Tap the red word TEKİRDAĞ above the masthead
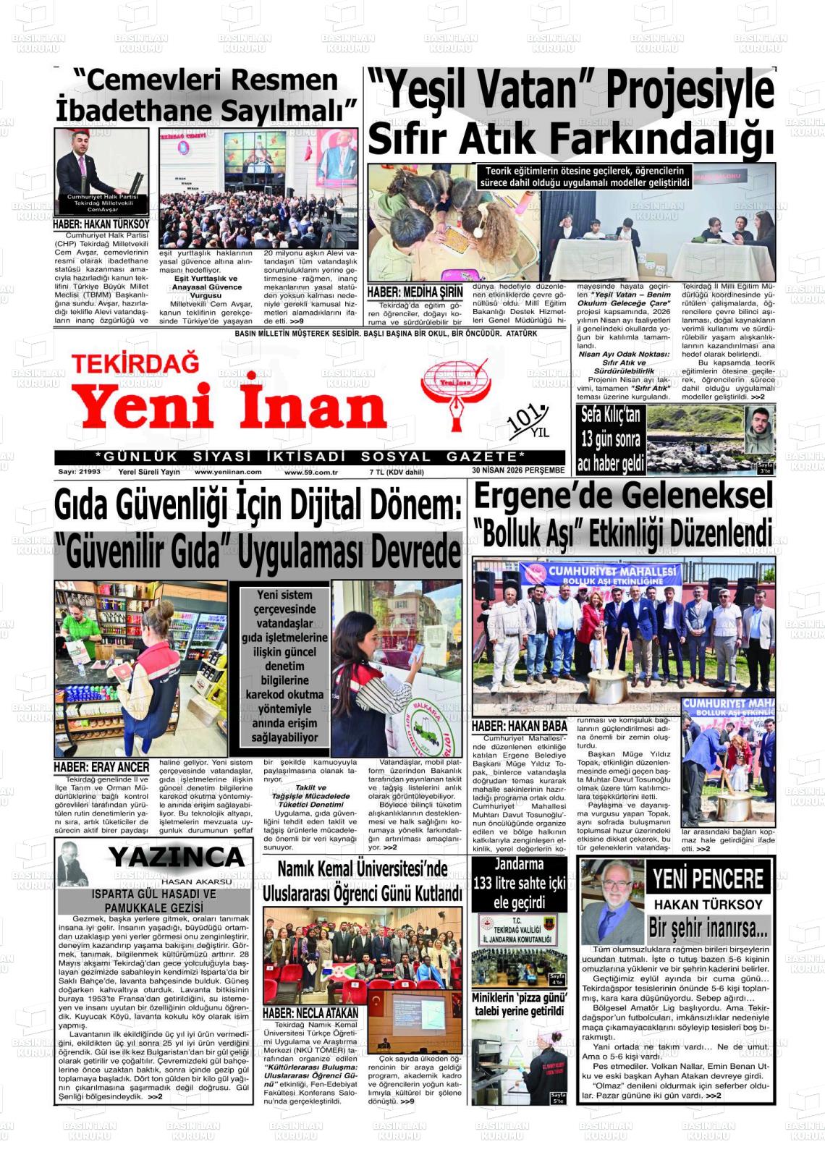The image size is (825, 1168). click(x=135, y=363)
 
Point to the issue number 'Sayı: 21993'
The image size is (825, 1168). click(x=80, y=472)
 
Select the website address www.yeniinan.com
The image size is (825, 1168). click(x=228, y=472)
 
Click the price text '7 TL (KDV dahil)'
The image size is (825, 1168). click(x=396, y=472)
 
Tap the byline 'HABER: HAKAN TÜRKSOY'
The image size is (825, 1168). click(x=101, y=224)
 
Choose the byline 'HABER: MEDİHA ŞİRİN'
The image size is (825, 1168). click(x=415, y=292)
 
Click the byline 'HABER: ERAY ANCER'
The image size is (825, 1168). click(x=101, y=766)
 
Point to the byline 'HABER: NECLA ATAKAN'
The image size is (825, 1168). click(x=310, y=1013)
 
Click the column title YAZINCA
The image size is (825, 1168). click(x=177, y=858)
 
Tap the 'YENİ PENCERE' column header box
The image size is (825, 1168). click(x=708, y=879)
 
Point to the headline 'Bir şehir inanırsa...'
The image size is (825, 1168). click(x=708, y=928)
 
